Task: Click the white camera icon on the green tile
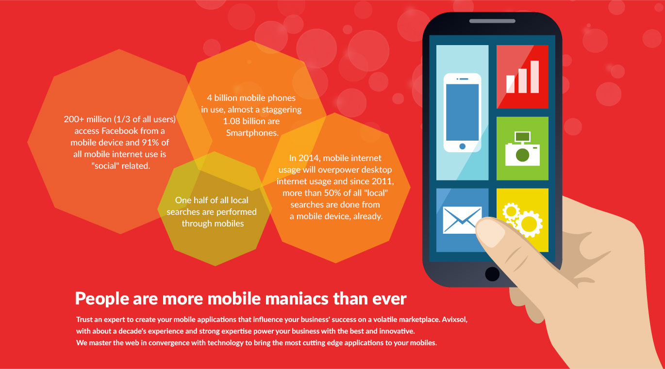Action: (x=522, y=149)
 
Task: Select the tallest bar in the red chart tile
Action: (x=535, y=77)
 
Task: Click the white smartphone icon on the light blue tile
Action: (x=462, y=112)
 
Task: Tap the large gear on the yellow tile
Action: (x=530, y=224)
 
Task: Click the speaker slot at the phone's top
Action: (x=492, y=21)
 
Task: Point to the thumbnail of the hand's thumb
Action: (x=490, y=231)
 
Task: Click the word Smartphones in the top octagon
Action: (x=252, y=133)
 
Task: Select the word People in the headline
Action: (x=102, y=299)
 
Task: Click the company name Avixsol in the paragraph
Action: (x=454, y=320)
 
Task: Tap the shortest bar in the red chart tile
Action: (x=510, y=84)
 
